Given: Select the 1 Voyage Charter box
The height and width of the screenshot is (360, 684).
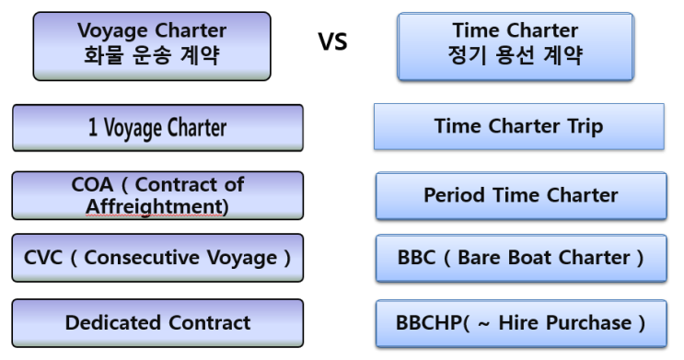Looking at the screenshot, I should tap(157, 127).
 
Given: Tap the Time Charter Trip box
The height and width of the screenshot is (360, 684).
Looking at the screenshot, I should tap(518, 126).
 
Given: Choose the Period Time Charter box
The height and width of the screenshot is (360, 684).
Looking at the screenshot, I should tap(520, 195).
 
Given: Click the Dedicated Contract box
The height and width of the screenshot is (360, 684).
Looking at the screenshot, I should tap(157, 322).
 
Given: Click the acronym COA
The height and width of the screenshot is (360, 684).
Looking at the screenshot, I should tap(92, 184).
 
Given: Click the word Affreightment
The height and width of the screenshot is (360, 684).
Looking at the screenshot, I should tap(157, 206).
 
